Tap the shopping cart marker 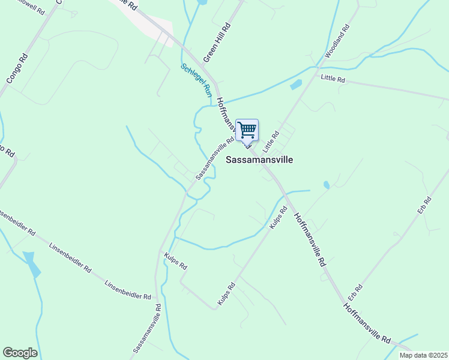pos(247,130)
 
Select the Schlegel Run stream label pos(196,80)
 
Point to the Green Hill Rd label pos(217,43)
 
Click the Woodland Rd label pos(337,41)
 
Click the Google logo pos(20,353)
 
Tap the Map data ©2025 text pos(423,355)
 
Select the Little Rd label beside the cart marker pos(272,142)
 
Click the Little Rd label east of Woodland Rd pos(333,79)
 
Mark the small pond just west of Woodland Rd pos(295,85)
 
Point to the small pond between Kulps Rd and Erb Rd pos(326,185)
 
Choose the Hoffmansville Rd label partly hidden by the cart pos(228,117)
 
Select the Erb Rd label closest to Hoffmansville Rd pos(355,292)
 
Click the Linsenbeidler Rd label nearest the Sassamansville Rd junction pos(127,290)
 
